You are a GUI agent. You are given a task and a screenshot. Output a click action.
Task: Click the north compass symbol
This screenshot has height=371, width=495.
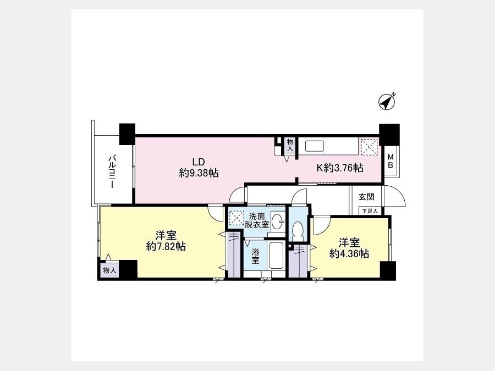click(387, 102)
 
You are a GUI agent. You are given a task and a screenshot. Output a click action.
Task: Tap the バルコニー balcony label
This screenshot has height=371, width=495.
click(112, 171)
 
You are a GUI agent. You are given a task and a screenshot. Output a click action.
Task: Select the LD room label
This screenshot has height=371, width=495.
click(199, 162)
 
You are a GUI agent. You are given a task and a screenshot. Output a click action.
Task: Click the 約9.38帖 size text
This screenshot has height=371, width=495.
click(199, 173)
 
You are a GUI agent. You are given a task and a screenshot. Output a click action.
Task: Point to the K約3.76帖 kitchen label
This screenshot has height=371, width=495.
click(340, 168)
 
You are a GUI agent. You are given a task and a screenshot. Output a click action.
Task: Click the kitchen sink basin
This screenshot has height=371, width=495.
click(315, 147)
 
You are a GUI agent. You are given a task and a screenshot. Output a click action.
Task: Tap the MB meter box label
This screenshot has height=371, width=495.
click(390, 161)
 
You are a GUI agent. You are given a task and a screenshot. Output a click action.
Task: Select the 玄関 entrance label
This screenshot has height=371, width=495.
click(366, 197)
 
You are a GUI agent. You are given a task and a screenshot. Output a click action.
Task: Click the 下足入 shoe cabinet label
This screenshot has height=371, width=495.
click(370, 211)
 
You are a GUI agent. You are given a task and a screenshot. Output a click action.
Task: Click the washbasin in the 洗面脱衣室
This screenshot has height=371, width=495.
click(277, 222)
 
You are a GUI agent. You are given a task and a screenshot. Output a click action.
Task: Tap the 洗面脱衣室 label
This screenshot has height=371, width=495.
click(257, 220)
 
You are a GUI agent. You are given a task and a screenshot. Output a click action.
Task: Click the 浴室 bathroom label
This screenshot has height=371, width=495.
click(255, 256)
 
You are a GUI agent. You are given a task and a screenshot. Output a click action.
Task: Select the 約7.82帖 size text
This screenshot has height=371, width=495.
click(166, 246)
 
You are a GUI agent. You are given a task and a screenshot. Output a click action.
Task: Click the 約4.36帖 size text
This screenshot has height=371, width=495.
click(349, 253)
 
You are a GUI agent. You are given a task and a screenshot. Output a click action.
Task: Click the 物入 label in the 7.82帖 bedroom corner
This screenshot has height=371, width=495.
click(109, 270)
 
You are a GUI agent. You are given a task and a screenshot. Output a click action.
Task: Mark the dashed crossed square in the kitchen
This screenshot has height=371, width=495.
click(370, 147)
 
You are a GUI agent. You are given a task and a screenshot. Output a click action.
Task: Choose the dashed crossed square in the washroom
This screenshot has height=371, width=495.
click(236, 218)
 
